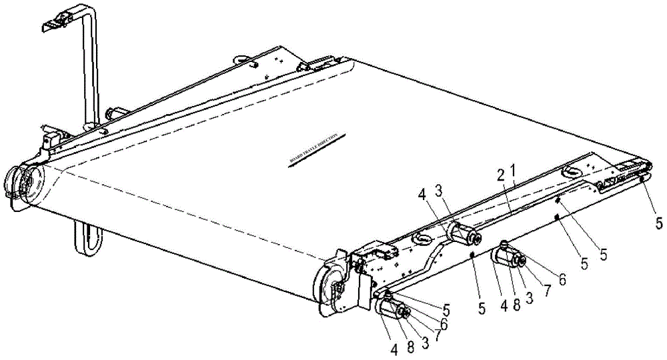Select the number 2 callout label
click(x=500, y=176)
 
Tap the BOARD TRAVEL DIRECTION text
click(x=314, y=149)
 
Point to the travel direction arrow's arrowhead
click(x=291, y=165)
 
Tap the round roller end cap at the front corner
click(x=329, y=282)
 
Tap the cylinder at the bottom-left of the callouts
click(x=389, y=309)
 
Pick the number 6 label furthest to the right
click(x=562, y=280)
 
